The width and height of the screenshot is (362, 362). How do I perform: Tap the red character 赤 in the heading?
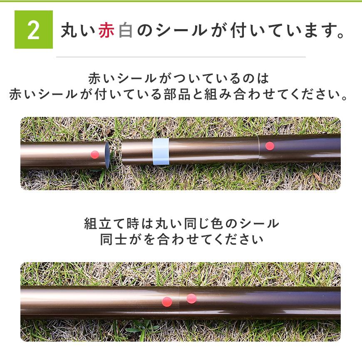click(107, 30)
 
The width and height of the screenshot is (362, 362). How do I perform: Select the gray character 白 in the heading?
click(126, 30)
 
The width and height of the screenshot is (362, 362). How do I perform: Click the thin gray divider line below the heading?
click(181, 57)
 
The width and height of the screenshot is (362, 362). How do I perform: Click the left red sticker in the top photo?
click(94, 154)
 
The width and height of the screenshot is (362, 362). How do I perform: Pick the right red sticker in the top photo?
click(270, 146)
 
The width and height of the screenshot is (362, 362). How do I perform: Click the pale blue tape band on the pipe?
click(161, 152)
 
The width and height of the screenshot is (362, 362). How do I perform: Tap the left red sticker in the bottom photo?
click(167, 302)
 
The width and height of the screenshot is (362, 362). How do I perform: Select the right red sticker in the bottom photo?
click(191, 298)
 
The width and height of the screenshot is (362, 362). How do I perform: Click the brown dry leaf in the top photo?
click(317, 176)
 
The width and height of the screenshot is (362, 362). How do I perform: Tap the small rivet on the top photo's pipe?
click(324, 133)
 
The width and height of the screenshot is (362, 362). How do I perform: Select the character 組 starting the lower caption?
click(91, 223)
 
